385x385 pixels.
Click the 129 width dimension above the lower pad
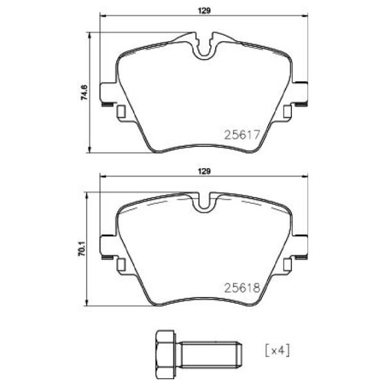pos(203,171)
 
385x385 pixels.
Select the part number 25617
pos(241,135)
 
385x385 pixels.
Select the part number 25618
pos(241,289)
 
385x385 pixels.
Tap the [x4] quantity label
pos(276,352)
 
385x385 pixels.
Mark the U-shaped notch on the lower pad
pos(205,203)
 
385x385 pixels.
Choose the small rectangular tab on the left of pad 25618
pos(121,264)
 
